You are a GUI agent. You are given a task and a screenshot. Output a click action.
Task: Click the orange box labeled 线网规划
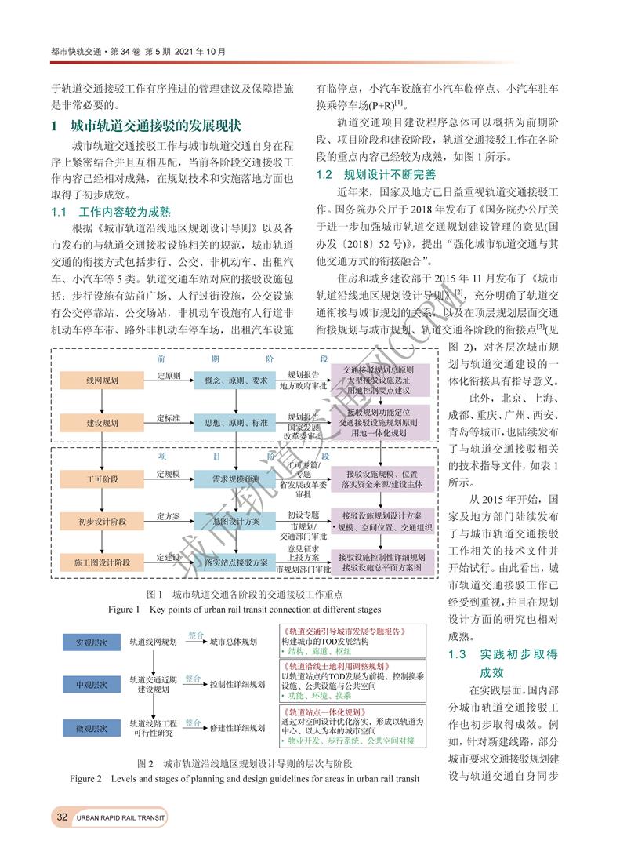(103, 380)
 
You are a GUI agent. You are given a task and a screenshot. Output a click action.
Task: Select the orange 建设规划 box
(103, 423)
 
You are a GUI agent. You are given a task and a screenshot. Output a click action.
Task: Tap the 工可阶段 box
(103, 476)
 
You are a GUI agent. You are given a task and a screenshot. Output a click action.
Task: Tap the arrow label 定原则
(169, 375)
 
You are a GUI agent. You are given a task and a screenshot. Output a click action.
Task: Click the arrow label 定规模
(169, 473)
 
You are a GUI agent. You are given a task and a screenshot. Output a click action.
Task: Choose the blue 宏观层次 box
(91, 642)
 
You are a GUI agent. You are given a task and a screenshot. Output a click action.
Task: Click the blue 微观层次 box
(91, 728)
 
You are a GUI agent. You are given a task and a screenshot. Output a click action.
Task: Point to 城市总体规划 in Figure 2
(233, 642)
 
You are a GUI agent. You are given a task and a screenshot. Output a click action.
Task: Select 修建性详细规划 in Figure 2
(237, 728)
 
